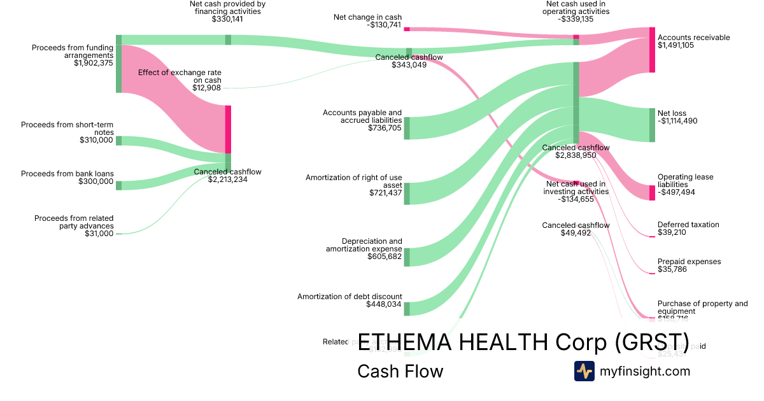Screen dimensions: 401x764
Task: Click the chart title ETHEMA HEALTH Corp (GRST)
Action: click(x=523, y=342)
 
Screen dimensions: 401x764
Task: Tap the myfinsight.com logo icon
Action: click(x=584, y=371)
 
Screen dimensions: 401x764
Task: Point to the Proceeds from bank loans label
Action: click(x=67, y=173)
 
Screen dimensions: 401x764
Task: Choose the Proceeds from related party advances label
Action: click(x=74, y=222)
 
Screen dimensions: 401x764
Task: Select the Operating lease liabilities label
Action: click(x=685, y=181)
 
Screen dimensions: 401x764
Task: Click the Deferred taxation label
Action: click(x=688, y=225)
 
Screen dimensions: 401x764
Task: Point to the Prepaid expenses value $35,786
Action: click(x=672, y=269)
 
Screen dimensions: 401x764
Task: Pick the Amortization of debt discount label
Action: click(x=350, y=296)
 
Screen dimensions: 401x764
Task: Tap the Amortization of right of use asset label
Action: click(x=353, y=181)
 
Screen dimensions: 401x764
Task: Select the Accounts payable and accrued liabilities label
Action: click(x=362, y=116)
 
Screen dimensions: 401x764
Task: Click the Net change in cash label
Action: click(x=367, y=17)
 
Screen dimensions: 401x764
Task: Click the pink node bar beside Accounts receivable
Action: click(x=652, y=50)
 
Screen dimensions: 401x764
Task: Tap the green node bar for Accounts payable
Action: click(x=407, y=128)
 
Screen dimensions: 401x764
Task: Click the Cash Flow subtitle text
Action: click(x=400, y=371)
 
